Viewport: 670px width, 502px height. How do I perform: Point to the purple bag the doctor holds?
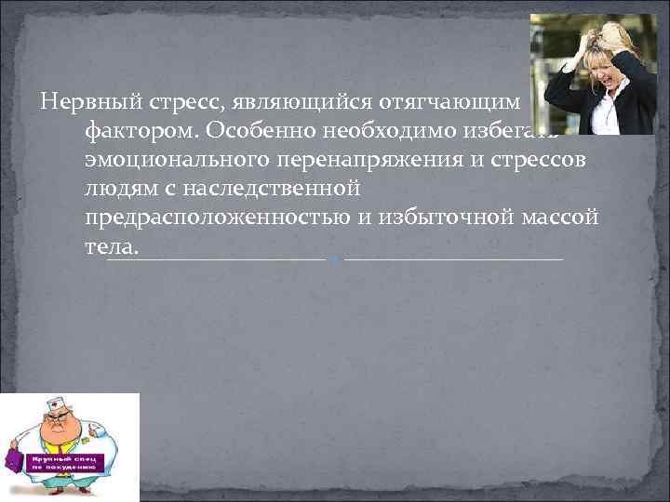12,459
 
